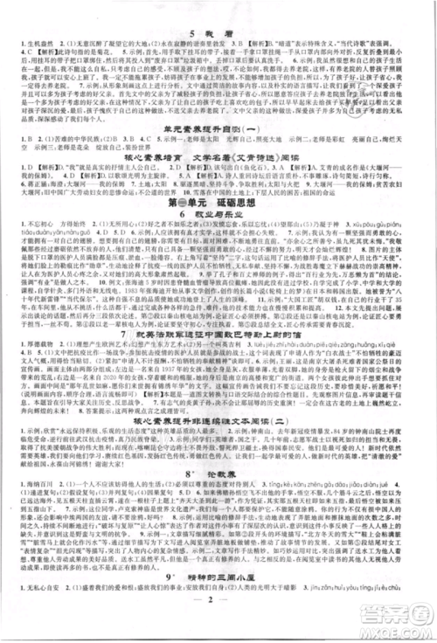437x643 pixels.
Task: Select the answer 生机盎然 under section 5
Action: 32,27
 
